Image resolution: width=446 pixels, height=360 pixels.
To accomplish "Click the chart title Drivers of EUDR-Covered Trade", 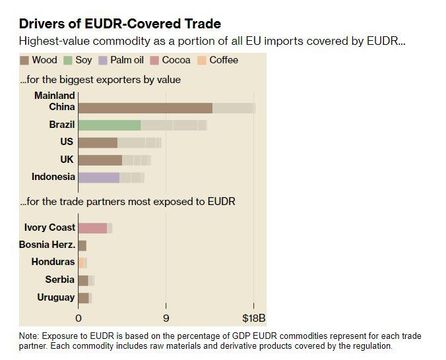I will coord(119,24).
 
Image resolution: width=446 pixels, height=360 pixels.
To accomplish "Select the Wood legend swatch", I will coord(24,61).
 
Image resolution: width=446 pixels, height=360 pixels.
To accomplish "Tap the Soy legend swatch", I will coord(68,61).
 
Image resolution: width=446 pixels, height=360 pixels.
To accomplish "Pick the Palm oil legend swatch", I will coord(104,61).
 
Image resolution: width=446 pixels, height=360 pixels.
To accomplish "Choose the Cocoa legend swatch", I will coord(153,61).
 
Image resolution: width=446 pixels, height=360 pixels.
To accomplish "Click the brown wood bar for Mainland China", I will coord(145,107).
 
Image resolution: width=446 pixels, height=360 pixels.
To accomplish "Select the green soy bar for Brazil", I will coord(110,125).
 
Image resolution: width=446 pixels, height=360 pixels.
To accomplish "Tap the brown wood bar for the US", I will coord(98,142).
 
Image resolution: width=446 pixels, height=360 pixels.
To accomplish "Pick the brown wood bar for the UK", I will coord(100,160).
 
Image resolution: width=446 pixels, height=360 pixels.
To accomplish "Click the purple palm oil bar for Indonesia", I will coord(99,177).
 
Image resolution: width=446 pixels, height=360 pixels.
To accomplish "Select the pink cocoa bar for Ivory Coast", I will coord(92,227).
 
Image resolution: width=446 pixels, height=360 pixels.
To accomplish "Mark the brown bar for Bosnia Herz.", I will coord(82,245).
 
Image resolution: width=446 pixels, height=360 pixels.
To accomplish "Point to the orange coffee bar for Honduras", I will coord(81,262).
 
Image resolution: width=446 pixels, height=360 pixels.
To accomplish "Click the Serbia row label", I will coord(60,280).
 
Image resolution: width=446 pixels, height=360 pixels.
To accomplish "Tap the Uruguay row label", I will coord(56,297).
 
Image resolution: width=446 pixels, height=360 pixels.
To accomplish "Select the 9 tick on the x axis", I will coord(166,318).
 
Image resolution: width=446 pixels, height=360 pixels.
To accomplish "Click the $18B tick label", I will coord(254,318).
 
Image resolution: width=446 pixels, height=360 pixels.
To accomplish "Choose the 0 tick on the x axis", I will coord(79,318).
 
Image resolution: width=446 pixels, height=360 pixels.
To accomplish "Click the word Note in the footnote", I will coord(29,336).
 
